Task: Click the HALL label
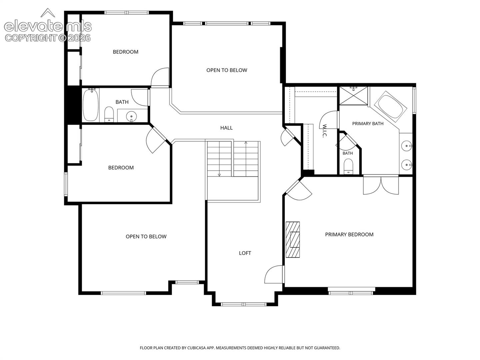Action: tap(226, 128)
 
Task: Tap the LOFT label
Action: tap(245, 253)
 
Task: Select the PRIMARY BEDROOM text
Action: tap(349, 235)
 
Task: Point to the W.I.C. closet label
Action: tap(324, 131)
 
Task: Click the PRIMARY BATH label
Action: tap(368, 124)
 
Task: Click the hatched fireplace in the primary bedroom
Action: tap(293, 240)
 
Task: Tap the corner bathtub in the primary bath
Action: tap(391, 106)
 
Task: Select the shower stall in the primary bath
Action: tap(353, 96)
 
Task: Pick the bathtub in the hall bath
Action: tap(91, 105)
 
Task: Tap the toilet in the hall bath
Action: tap(109, 114)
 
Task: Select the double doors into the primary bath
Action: tap(381, 185)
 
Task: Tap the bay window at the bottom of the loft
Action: tap(244, 304)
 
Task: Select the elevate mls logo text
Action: tap(48, 26)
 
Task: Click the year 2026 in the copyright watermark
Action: tap(79, 38)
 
